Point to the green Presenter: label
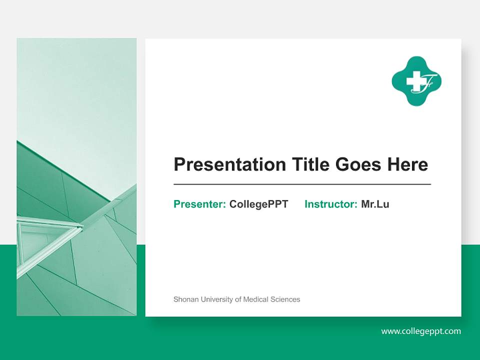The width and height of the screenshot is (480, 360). click(x=199, y=204)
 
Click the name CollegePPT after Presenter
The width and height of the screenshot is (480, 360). click(x=258, y=204)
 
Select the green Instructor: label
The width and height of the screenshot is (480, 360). click(x=330, y=204)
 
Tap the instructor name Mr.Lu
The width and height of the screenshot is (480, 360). click(x=375, y=204)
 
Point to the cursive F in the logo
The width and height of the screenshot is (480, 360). click(x=430, y=81)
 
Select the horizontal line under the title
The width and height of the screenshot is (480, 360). click(x=302, y=184)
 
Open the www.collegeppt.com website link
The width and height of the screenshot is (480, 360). click(x=421, y=331)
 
